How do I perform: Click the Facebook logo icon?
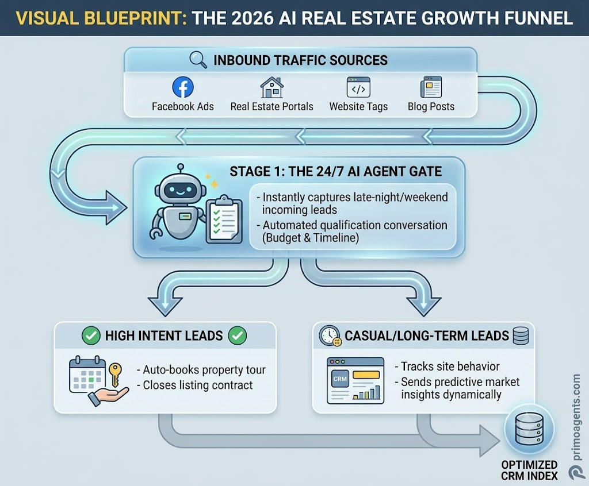click(x=183, y=87)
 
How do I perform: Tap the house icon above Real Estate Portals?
click(x=272, y=87)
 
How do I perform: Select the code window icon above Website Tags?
click(x=358, y=87)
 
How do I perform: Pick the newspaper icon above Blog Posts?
click(x=431, y=87)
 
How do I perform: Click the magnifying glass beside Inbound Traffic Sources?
click(x=198, y=60)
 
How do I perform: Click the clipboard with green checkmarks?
click(x=224, y=219)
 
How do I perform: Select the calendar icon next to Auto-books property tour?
click(x=87, y=374)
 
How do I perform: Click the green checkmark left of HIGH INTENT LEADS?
click(x=91, y=335)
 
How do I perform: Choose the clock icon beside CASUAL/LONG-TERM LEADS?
click(x=330, y=335)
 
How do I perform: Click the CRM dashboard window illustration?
click(x=355, y=380)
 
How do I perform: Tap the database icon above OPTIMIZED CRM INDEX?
click(x=529, y=429)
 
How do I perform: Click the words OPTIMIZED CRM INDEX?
click(x=529, y=470)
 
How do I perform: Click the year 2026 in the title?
click(x=253, y=18)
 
